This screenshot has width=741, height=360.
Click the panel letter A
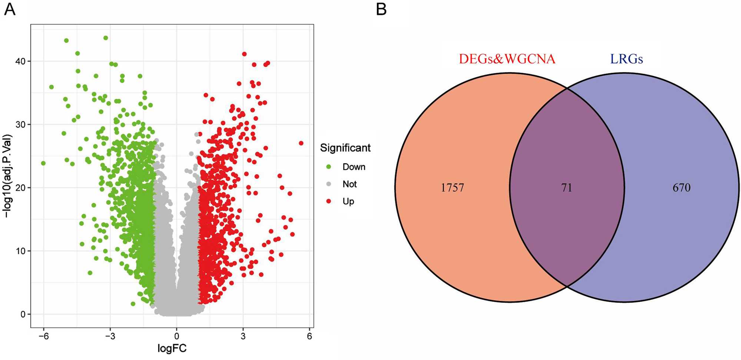tap(10, 9)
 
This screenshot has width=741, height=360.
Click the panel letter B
tap(381, 9)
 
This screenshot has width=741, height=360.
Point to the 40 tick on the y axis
tap(20, 61)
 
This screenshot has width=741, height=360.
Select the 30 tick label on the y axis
tap(20, 124)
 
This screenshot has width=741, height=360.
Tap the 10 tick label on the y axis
tap(20, 251)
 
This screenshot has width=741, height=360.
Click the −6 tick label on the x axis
tap(43, 336)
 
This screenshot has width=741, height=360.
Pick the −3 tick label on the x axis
tap(110, 336)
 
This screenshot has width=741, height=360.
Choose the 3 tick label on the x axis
tap(243, 336)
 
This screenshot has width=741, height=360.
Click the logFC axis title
tap(172, 349)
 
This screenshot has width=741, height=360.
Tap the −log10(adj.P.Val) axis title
tap(7, 176)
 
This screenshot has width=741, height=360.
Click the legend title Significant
tap(345, 148)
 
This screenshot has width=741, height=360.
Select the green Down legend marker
tap(329, 167)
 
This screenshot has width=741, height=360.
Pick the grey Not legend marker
tap(329, 184)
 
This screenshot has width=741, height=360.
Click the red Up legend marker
tap(329, 201)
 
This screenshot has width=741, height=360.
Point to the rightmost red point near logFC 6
tap(301, 143)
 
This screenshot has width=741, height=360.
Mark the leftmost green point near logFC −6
tap(43, 163)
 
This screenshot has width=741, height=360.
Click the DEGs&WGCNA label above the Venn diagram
tap(507, 59)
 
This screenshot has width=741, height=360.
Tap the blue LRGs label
tap(627, 59)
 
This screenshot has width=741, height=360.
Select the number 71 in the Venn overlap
tap(566, 188)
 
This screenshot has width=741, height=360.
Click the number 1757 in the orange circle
tap(452, 188)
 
